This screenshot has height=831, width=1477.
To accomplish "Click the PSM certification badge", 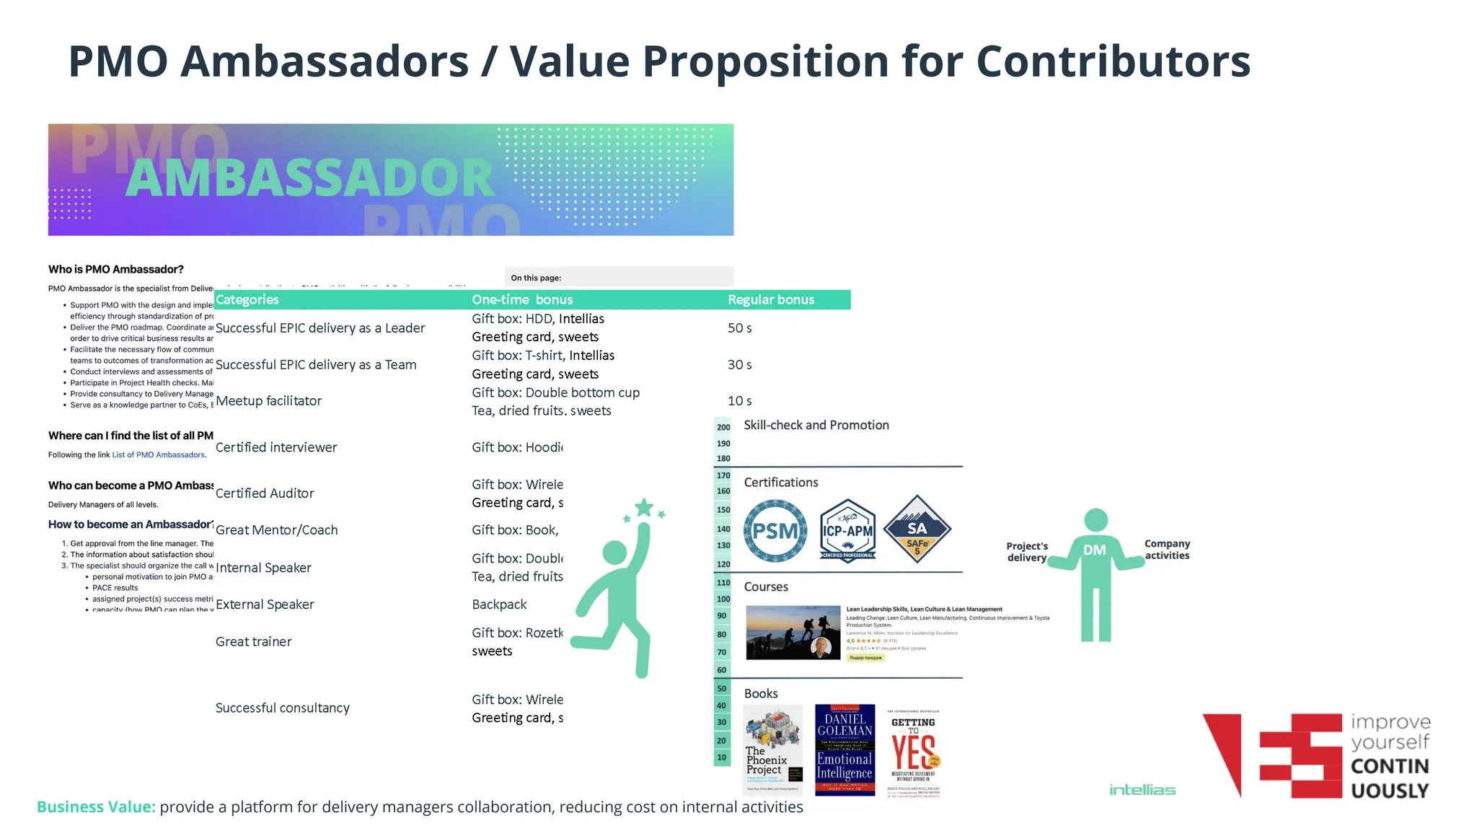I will point(775,532).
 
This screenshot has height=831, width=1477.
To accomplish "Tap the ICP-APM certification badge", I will point(847,532).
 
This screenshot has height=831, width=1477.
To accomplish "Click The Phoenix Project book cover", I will point(772,749).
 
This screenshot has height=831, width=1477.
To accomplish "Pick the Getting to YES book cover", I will point(914,751).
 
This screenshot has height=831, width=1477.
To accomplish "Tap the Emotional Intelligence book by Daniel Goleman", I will point(845,749).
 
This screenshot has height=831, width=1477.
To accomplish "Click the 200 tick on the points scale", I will point(723,427).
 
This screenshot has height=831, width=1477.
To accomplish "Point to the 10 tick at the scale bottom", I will point(721,757).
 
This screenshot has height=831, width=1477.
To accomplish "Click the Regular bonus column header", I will point(770,299).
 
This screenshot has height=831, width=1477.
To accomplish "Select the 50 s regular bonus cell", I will point(739,328).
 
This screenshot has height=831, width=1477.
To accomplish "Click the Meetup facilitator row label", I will point(268,401).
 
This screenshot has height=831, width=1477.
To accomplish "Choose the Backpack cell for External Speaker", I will point(499,604).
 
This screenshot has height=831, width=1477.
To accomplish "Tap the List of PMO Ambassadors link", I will point(159,455).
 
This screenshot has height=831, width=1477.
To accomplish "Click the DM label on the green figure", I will point(1094,550).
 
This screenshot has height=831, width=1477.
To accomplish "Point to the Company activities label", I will point(1167,550).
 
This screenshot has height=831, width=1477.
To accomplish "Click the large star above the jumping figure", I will point(643,508).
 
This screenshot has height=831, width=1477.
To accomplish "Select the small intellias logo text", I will point(1142,790).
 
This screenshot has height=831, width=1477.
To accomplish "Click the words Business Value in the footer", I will point(96,807).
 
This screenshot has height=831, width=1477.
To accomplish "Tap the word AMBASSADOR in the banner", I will point(310,178).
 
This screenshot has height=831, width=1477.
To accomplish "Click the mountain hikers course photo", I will point(793,633).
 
